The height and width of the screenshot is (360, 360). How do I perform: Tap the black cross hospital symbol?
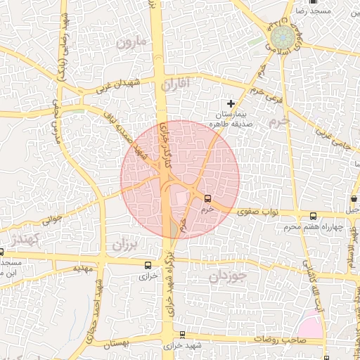click(x=230, y=103)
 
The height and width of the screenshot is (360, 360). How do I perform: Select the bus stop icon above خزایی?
click(x=148, y=265)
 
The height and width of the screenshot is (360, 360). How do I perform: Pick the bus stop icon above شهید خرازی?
click(x=183, y=335)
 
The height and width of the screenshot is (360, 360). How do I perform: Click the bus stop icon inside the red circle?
click(x=206, y=199)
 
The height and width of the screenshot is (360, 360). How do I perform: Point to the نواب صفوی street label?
click(x=258, y=210)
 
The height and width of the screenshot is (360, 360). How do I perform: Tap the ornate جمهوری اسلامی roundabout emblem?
click(x=280, y=41)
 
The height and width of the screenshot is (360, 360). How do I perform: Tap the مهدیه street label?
click(x=83, y=268)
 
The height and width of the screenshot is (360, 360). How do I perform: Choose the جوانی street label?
click(x=52, y=221)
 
